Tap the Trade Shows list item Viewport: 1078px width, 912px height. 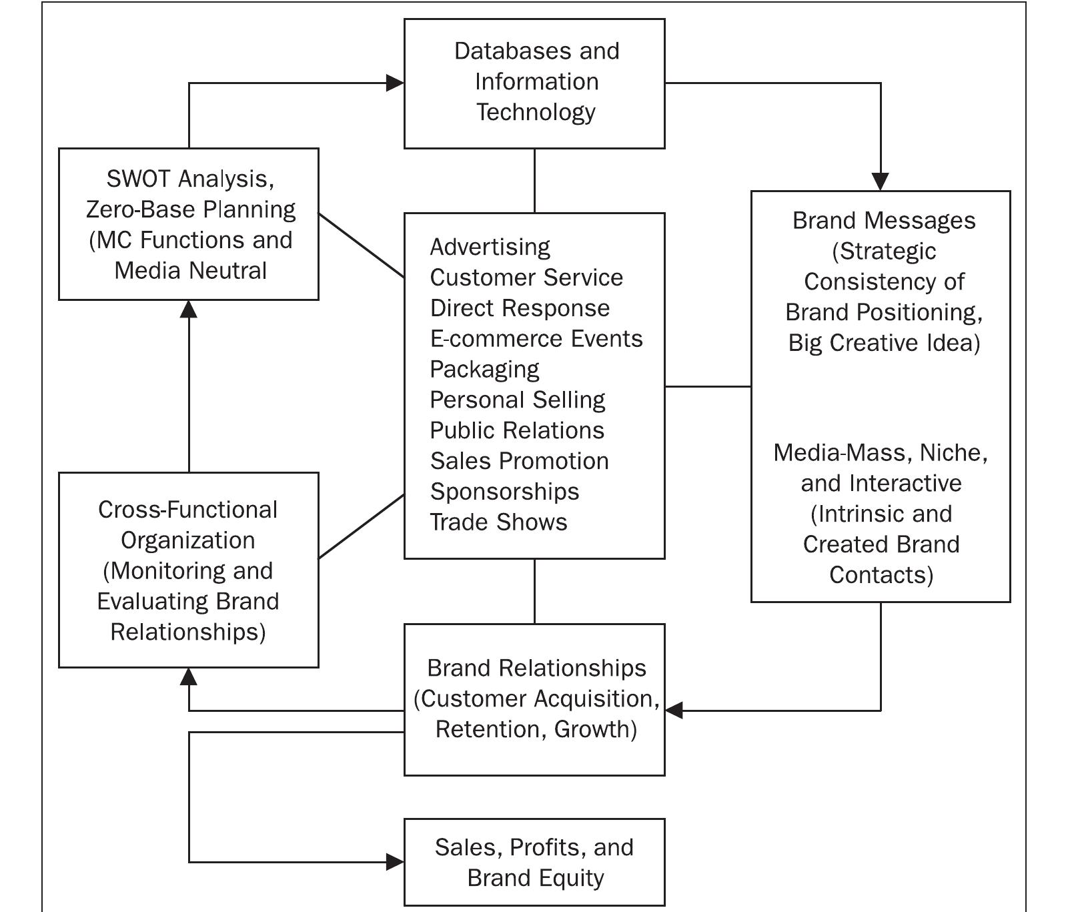click(x=498, y=522)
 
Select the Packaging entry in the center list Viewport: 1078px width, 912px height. click(x=484, y=369)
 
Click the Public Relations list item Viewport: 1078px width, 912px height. click(x=517, y=430)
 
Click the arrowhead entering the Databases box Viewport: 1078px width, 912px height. click(x=396, y=83)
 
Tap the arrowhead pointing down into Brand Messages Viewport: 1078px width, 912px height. click(x=881, y=181)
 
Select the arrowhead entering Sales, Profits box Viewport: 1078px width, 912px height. click(x=396, y=862)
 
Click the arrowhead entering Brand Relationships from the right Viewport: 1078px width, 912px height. click(x=674, y=711)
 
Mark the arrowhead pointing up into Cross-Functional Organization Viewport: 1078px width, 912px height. click(x=189, y=677)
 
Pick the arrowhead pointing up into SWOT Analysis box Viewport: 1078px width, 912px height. click(x=189, y=309)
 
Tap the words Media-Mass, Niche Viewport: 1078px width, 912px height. click(x=881, y=452)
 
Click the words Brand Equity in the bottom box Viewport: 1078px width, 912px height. click(x=536, y=878)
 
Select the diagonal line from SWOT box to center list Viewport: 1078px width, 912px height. click(x=361, y=245)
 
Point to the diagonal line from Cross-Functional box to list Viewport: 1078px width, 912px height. click(x=361, y=526)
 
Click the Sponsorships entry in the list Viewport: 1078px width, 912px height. click(x=504, y=492)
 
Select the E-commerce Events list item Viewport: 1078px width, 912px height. click(x=536, y=339)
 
